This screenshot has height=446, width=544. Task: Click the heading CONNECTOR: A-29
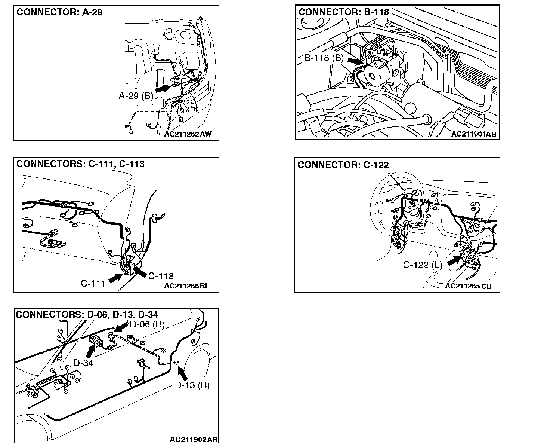click(x=59, y=12)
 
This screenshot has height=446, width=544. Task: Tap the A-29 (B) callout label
click(x=136, y=96)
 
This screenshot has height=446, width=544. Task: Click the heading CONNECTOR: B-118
click(x=344, y=12)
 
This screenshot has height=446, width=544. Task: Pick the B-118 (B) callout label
click(x=324, y=58)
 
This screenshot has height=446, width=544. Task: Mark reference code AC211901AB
click(x=473, y=134)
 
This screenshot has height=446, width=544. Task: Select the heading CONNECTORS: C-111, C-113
click(x=80, y=164)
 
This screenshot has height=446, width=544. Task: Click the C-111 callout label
click(x=93, y=284)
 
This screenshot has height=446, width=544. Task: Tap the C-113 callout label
click(x=161, y=276)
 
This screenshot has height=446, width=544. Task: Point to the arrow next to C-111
click(x=115, y=277)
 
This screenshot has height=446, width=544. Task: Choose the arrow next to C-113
click(x=139, y=271)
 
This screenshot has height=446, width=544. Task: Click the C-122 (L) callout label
click(x=422, y=265)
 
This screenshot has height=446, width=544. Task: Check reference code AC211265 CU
click(x=469, y=286)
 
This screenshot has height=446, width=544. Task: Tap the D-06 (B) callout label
click(x=147, y=324)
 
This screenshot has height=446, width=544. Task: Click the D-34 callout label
click(x=83, y=363)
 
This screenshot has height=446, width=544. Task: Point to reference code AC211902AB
click(x=194, y=439)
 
